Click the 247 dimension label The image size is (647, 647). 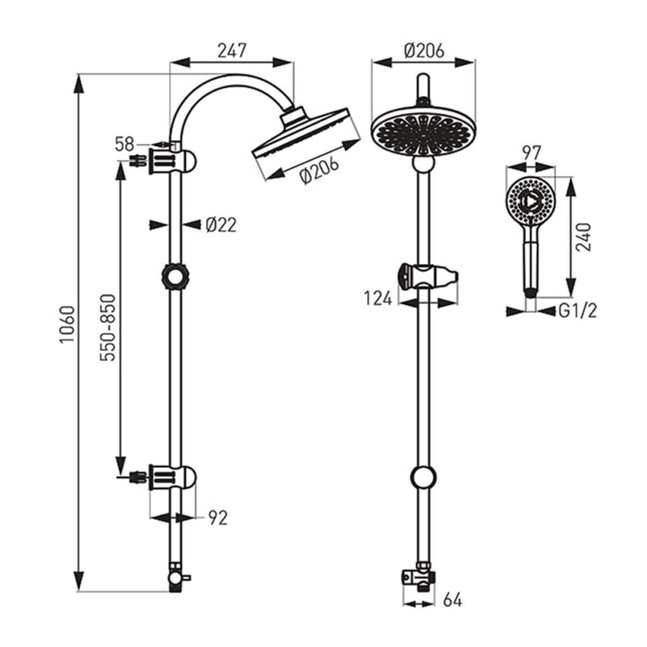click(x=232, y=51)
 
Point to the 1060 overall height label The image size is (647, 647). click(x=67, y=324)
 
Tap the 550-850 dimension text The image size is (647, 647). click(x=108, y=327)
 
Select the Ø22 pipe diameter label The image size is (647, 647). click(x=221, y=225)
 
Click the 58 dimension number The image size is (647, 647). click(x=124, y=145)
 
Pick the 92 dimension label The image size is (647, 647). click(x=218, y=518)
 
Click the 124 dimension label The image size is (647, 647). click(x=378, y=298)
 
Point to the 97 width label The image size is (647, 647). click(x=531, y=153)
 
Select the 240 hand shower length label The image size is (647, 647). click(x=583, y=238)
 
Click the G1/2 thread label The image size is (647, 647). click(x=577, y=311)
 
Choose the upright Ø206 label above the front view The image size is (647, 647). click(x=424, y=51)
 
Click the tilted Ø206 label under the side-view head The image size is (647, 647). click(x=320, y=170)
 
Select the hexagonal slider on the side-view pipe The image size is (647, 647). click(x=176, y=277)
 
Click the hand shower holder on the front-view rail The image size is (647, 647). click(x=428, y=277)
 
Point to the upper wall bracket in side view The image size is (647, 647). click(x=165, y=161)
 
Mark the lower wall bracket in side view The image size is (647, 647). click(x=165, y=477)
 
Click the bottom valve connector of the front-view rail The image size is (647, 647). click(x=419, y=576)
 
